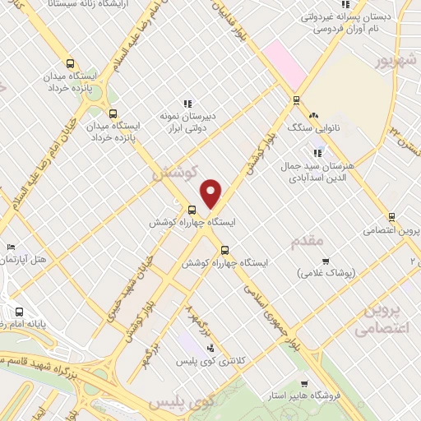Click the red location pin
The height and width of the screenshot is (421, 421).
tap(211, 193)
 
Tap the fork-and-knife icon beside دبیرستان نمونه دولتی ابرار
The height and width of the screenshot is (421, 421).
tap(187, 104)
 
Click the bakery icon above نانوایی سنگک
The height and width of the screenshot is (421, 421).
tap(314, 114)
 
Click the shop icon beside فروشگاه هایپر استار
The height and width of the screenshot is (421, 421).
tap(305, 384)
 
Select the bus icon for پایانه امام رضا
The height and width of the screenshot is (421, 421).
tap(20, 312)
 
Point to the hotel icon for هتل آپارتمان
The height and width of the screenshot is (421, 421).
tap(11, 247)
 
